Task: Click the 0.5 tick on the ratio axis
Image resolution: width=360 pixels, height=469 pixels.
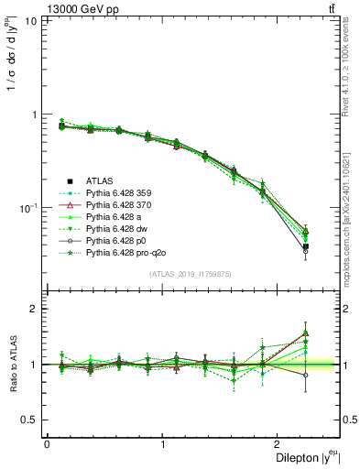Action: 30,420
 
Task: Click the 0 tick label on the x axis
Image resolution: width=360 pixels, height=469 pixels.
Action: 47,444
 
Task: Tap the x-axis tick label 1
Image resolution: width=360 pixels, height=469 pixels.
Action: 163,444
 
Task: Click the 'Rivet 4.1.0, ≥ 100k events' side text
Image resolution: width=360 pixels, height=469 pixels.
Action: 352,73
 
